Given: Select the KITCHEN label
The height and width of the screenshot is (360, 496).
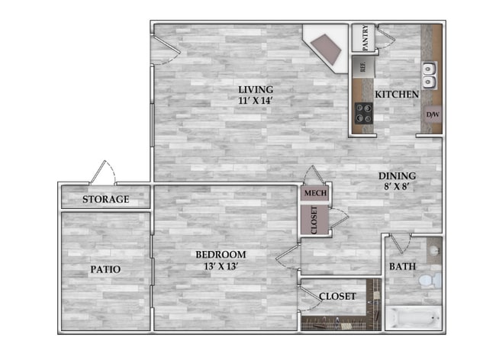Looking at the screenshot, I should tap(397, 94).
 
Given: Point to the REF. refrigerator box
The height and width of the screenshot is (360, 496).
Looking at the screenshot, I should tap(362, 66).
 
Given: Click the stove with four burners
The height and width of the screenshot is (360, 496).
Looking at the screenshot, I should tap(362, 112).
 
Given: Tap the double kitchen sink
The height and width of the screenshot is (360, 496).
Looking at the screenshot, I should tap(430, 74).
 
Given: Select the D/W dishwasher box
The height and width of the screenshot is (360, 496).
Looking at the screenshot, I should tap(432, 115).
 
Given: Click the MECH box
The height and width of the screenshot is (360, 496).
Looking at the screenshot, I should tap(315, 194).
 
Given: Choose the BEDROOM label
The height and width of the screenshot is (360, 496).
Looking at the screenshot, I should tap(221, 254).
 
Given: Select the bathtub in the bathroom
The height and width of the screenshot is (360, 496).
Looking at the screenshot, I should tap(412, 317).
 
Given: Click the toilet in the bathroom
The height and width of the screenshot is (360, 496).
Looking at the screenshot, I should tap(433, 281).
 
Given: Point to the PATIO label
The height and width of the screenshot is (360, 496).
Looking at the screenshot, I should tap(105, 269).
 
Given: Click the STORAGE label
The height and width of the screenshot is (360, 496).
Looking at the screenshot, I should tap(105, 200).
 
